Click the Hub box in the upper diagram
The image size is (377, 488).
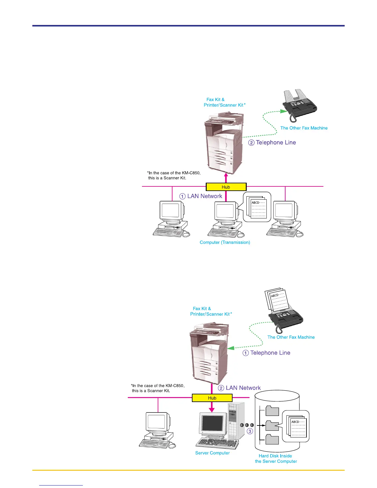226,187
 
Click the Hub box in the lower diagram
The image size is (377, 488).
212,398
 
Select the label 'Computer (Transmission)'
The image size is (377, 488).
225,242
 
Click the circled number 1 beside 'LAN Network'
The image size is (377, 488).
183,196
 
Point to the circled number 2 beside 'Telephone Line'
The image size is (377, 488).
251,143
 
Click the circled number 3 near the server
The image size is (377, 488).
250,431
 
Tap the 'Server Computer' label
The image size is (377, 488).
213,453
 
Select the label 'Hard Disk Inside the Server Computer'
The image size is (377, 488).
276,459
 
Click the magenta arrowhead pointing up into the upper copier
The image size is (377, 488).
226,176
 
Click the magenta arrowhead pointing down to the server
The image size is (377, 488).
212,409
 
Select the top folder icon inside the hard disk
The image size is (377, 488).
272,411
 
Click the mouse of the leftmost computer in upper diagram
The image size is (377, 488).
186,234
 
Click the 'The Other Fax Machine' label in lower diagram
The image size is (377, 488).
291,337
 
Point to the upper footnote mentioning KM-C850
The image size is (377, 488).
174,175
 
